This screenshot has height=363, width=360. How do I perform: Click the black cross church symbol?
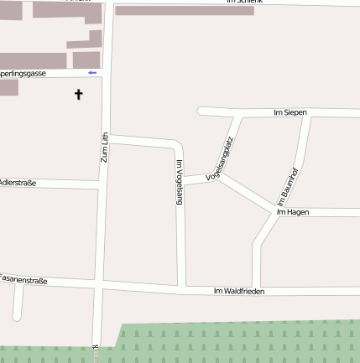coord(79,95)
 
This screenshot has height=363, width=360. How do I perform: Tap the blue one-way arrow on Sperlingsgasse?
coord(92,73)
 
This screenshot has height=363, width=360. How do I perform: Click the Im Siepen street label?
coord(290,112)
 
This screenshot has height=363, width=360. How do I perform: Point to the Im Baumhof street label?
coord(288,187)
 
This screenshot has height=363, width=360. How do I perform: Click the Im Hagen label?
coord(293,212)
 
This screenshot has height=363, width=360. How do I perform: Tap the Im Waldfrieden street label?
coord(238,291)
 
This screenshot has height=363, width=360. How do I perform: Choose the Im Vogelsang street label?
coord(180,182)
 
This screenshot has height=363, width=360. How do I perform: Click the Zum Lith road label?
coord(105,148)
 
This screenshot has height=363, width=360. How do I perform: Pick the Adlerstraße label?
coord(17,182)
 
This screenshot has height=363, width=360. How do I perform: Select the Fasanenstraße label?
coord(23,277)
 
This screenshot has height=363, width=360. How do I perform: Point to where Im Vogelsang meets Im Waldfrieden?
coord(181,288)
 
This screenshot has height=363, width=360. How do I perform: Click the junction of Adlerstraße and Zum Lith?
coord(101,186)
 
